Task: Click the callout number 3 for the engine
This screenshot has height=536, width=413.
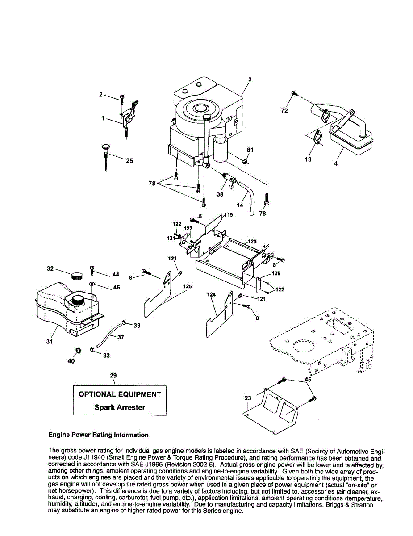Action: [x=250, y=80]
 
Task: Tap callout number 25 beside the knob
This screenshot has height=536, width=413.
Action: [x=129, y=161]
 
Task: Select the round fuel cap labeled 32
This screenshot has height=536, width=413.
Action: [x=77, y=275]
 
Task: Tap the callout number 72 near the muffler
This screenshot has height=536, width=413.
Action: [x=284, y=110]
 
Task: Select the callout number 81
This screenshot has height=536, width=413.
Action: [x=250, y=150]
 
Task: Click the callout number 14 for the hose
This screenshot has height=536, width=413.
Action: [x=240, y=205]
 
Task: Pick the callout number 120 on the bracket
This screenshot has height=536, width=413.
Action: [x=252, y=242]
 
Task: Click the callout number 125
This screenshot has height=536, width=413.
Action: [x=188, y=286]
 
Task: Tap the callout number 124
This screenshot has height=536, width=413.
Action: [x=211, y=295]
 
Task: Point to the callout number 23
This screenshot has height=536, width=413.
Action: [x=248, y=398]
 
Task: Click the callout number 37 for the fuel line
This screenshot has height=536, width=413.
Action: [x=121, y=338]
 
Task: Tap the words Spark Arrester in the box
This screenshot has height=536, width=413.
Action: [x=120, y=407]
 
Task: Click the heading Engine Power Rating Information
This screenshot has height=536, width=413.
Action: [x=98, y=435]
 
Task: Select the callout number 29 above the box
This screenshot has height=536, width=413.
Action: [x=113, y=376]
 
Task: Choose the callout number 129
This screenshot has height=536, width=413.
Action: [x=276, y=273]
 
